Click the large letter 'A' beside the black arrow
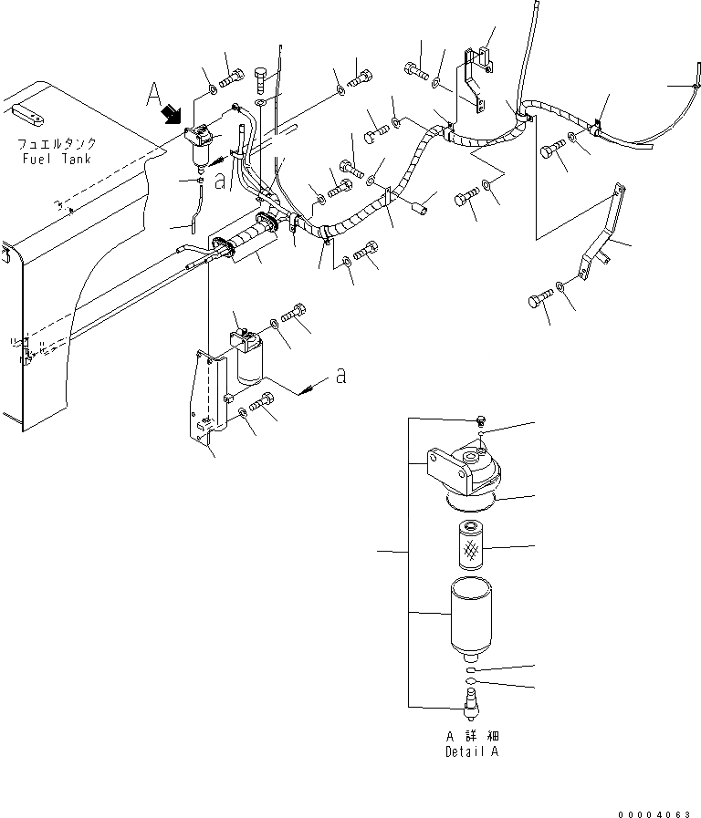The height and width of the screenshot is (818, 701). pyautogui.click(x=155, y=94)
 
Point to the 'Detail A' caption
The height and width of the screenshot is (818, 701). pyautogui.click(x=473, y=752)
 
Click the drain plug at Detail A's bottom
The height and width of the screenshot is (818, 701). pyautogui.click(x=472, y=701)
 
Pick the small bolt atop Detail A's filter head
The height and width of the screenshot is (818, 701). pyautogui.click(x=480, y=420)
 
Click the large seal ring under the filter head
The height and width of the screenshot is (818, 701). pyautogui.click(x=472, y=502)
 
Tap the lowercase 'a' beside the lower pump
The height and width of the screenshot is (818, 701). pyautogui.click(x=340, y=377)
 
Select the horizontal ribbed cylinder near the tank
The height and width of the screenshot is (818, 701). pyautogui.click(x=245, y=243)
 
